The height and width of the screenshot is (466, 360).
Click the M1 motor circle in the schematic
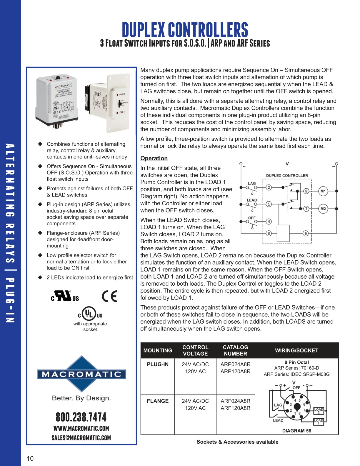click(323, 191)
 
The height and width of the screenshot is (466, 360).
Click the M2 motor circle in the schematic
click(323, 209)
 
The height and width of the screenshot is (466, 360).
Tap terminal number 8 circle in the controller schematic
click(306, 191)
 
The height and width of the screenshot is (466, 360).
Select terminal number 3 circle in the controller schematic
click(269, 233)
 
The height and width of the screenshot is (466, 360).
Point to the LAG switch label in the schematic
click(252, 183)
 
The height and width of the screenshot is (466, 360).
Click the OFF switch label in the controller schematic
click(252, 218)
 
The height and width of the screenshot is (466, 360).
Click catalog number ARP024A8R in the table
click(235, 364)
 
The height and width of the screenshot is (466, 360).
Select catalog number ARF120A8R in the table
click(235, 408)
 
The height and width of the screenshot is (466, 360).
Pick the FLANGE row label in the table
click(158, 401)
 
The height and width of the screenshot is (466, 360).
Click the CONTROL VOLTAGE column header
click(195, 350)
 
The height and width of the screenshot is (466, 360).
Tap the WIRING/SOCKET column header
click(296, 350)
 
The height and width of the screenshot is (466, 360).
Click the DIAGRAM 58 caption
click(296, 431)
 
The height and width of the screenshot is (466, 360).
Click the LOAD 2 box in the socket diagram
click(319, 411)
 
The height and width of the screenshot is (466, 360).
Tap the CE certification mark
click(109, 296)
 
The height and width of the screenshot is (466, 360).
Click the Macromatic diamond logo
click(81, 374)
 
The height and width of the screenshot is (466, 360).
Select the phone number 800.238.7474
click(81, 417)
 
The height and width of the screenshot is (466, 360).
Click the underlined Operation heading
click(154, 158)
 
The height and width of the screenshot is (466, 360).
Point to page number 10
click(30, 458)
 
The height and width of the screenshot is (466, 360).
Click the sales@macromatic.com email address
click(81, 438)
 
